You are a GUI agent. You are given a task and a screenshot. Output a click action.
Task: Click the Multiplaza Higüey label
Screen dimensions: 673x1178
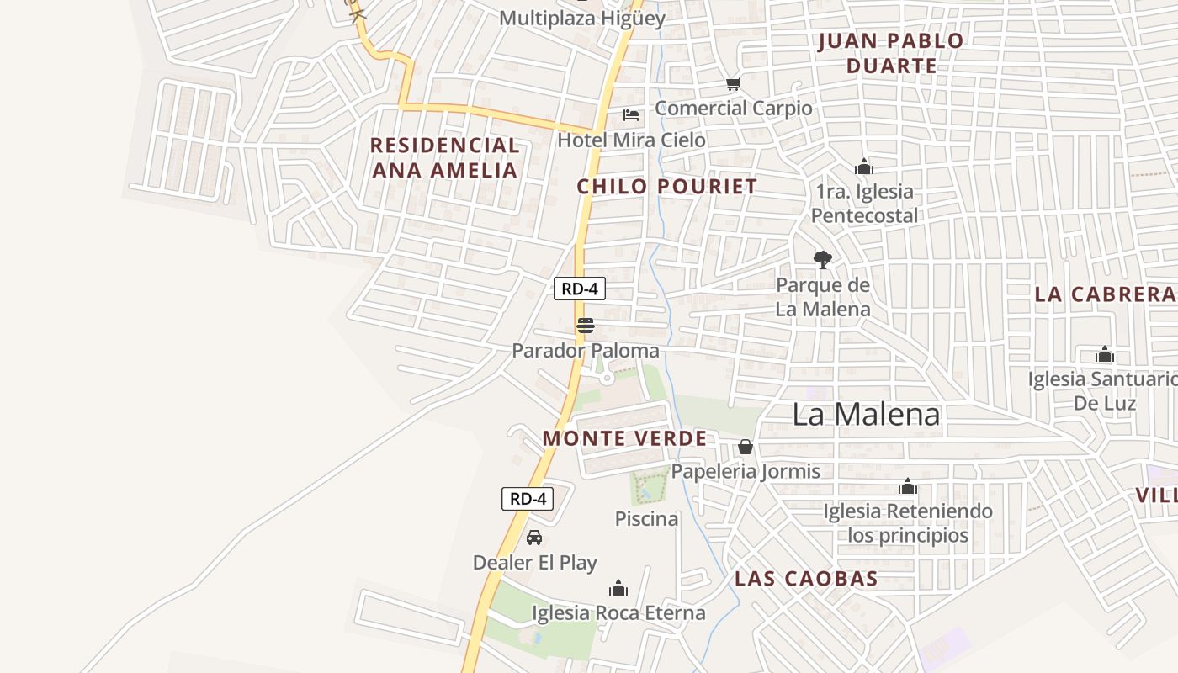point(582,19)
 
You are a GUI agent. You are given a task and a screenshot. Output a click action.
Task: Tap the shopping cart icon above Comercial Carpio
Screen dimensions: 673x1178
point(734,83)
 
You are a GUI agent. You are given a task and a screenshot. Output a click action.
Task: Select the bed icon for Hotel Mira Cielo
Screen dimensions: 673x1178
point(631,115)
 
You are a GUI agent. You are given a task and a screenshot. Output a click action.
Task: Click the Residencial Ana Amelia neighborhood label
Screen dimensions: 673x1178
point(445,157)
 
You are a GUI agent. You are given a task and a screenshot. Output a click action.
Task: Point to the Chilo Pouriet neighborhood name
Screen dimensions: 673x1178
point(666,187)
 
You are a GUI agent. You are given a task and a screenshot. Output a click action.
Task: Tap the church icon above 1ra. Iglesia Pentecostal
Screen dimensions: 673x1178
point(863,167)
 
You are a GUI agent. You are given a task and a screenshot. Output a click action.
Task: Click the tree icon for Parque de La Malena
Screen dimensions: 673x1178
point(823,260)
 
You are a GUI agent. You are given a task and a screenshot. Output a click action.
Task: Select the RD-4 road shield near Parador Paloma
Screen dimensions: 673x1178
point(580,289)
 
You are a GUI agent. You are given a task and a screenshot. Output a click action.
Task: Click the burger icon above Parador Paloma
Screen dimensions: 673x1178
point(585,326)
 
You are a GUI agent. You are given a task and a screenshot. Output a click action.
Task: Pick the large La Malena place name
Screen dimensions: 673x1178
point(867,414)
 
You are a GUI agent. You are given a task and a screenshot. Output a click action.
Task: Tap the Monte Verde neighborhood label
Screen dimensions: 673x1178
point(624,438)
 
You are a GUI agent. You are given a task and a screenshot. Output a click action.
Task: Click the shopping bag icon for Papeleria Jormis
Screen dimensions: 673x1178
point(745,447)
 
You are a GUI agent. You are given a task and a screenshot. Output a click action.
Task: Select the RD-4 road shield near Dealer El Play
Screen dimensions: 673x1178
point(528,498)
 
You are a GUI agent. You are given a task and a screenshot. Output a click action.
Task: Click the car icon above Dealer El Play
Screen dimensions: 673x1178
point(534,538)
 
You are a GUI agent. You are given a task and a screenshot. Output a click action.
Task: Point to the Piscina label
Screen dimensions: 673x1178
point(646,519)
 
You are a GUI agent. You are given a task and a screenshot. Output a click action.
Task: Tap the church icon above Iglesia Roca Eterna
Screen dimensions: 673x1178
point(618,588)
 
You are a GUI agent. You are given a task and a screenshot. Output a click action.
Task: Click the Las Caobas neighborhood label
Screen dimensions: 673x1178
point(806,579)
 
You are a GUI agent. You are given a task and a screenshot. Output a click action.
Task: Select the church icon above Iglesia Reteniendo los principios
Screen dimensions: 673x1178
point(907,486)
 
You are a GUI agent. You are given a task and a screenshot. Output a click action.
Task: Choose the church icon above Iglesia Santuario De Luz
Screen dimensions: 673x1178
point(1105,354)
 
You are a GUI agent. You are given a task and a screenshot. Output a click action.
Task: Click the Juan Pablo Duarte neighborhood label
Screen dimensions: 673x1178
point(891,53)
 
